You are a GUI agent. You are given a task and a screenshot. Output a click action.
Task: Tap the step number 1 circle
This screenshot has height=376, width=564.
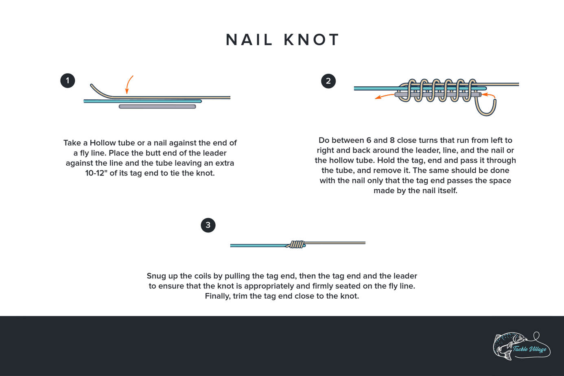(x=68, y=81)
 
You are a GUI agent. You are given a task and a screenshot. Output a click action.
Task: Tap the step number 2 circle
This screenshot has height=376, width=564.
(x=328, y=81)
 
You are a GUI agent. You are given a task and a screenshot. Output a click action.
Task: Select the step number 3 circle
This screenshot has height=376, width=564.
(x=208, y=225)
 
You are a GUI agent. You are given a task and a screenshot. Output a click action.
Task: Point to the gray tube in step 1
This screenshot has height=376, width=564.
(x=157, y=107)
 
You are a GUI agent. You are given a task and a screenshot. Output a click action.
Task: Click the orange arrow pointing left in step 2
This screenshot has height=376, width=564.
(x=384, y=97)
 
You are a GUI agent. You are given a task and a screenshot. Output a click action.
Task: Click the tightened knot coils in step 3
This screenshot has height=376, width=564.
(x=297, y=244)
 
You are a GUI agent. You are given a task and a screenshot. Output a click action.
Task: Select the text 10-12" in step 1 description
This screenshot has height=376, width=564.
(x=99, y=173)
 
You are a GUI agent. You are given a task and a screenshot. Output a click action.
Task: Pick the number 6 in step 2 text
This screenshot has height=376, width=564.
(x=369, y=140)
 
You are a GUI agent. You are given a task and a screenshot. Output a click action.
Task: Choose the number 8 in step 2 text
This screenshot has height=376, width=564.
(x=392, y=140)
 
